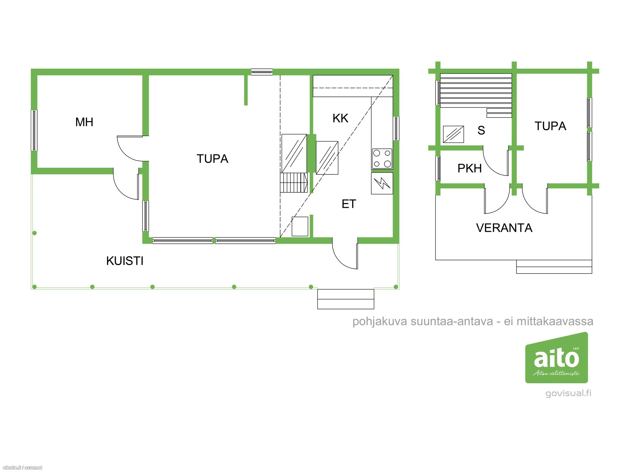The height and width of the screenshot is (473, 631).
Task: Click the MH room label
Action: [84, 122]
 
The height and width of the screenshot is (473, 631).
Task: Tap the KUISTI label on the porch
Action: [125, 261]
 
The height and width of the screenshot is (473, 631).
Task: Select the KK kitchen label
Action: [340, 118]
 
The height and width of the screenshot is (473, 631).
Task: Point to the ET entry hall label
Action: [349, 204]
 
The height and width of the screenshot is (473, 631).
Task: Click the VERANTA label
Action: [504, 228]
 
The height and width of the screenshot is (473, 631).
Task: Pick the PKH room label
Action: [469, 168]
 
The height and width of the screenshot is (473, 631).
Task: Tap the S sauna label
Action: [481, 130]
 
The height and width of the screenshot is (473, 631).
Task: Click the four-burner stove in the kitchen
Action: [382, 159]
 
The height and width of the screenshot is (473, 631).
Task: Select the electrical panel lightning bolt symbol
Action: [382, 183]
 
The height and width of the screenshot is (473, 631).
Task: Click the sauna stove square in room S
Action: [453, 134]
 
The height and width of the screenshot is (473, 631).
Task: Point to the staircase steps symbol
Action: [294, 183]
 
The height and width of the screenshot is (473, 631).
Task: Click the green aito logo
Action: [557, 358]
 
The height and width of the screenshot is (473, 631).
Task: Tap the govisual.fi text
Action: [568, 393]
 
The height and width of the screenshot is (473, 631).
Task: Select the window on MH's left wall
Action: [34, 130]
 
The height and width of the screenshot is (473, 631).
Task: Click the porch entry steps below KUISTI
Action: [345, 299]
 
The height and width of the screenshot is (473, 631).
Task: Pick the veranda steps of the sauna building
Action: [554, 267]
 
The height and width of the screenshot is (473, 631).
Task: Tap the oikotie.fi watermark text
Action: [22, 468]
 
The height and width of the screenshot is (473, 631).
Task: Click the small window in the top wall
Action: [262, 72]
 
